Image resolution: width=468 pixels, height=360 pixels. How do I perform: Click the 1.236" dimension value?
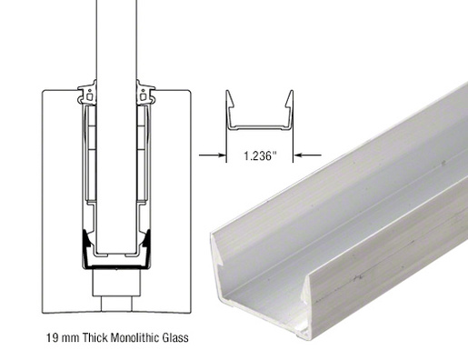(x=262, y=155)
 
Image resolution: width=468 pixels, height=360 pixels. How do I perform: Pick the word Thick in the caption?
(x=96, y=339)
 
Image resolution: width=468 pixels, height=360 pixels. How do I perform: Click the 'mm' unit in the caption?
(x=72, y=339)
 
